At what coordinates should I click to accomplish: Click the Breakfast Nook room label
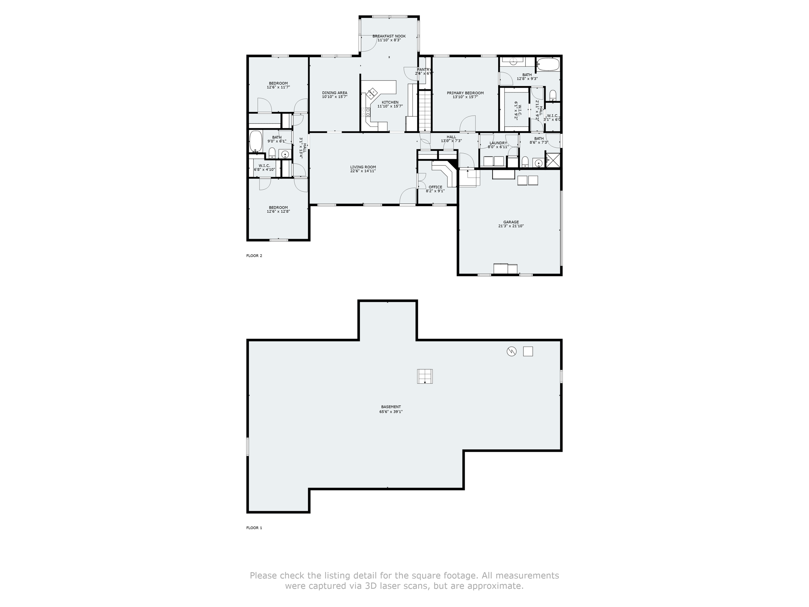pos(389,36)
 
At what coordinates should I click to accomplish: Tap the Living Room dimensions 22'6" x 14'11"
pos(363,171)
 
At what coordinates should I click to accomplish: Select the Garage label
pos(511,222)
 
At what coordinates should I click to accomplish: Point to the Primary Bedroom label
pos(465,93)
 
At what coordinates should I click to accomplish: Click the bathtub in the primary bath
pos(548,64)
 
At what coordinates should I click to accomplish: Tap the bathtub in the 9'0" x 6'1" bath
pos(256,141)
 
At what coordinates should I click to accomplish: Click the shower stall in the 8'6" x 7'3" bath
pos(553,160)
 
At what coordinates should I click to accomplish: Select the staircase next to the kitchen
pos(425,111)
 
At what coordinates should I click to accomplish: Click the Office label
pos(435,187)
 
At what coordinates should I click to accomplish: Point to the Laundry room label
pos(498,143)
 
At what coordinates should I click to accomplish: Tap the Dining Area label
pos(335,93)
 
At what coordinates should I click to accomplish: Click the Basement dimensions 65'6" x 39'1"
pos(391,412)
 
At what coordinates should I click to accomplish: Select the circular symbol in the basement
pos(512,351)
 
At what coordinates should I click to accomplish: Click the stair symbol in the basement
pos(425,376)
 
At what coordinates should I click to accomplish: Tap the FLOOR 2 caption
pos(254,256)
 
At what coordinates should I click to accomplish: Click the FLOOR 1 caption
pos(254,528)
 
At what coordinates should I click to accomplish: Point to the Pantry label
pos(424,70)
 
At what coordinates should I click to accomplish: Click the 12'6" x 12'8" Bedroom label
pos(278,207)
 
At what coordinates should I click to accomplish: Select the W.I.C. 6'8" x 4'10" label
pos(264,166)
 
